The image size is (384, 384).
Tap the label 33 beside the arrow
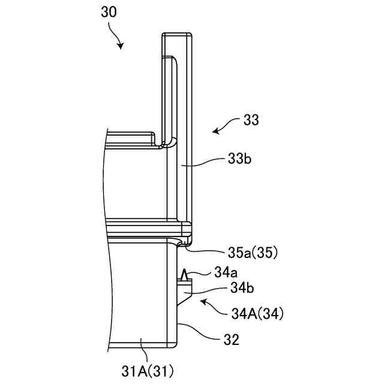[252, 121]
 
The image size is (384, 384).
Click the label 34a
[226, 272]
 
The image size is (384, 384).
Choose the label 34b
[241, 288]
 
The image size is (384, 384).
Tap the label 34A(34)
[257, 313]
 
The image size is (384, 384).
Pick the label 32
[231, 340]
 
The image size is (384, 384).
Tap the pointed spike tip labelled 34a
[186, 271]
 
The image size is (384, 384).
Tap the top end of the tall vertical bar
[177, 34]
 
